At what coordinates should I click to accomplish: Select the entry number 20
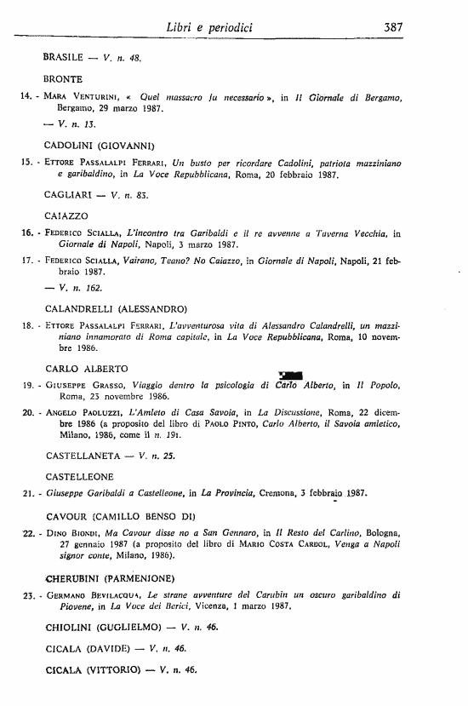pos(26,411)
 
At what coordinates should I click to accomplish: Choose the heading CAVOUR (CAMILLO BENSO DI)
pos(121,517)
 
